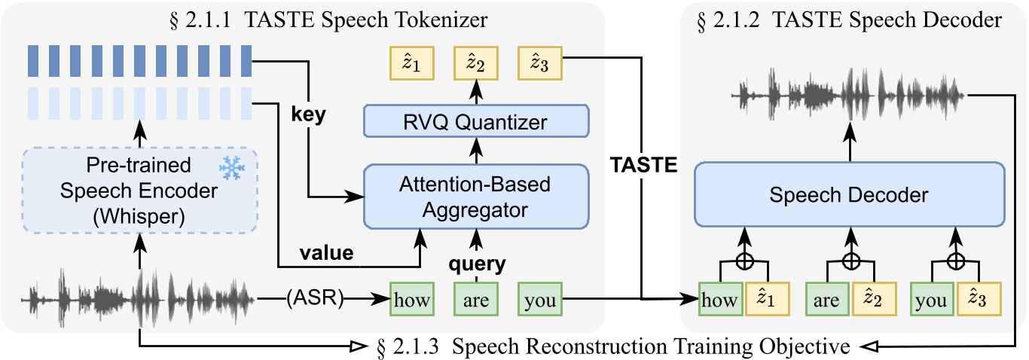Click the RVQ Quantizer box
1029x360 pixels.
475,121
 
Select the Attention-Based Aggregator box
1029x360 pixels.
475,196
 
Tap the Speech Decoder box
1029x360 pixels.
850,195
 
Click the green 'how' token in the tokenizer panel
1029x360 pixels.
411,300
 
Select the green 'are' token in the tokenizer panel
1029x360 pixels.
476,300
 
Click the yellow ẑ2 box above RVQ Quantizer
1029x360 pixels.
476,64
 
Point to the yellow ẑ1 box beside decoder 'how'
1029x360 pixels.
768,299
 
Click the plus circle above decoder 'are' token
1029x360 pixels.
850,261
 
